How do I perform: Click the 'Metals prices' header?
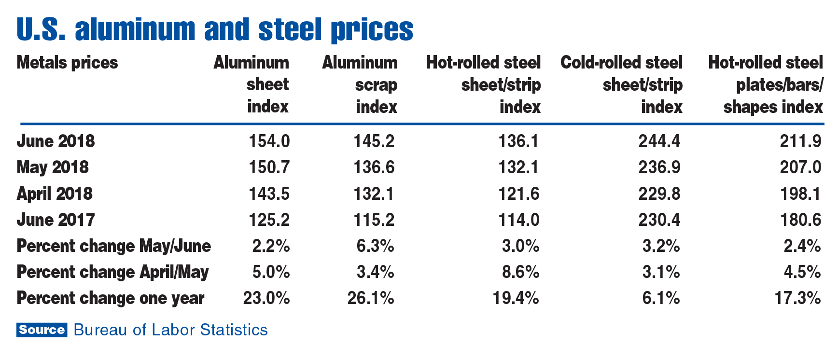click(67, 63)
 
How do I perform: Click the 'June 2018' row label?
click(56, 141)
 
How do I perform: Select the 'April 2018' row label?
click(54, 194)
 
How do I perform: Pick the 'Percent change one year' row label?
click(111, 298)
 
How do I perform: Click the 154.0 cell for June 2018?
click(269, 141)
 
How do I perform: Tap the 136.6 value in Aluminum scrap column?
click(374, 167)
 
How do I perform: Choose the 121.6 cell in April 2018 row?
click(518, 194)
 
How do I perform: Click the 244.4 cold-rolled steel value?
click(659, 141)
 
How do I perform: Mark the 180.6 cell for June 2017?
click(800, 220)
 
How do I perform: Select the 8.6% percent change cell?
click(520, 272)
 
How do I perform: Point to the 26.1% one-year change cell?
click(371, 298)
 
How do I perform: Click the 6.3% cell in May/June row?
click(375, 246)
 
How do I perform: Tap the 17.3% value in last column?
click(797, 298)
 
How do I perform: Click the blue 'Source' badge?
click(42, 330)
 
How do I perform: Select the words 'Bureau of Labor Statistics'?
click(170, 330)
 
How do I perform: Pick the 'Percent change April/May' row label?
click(112, 272)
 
